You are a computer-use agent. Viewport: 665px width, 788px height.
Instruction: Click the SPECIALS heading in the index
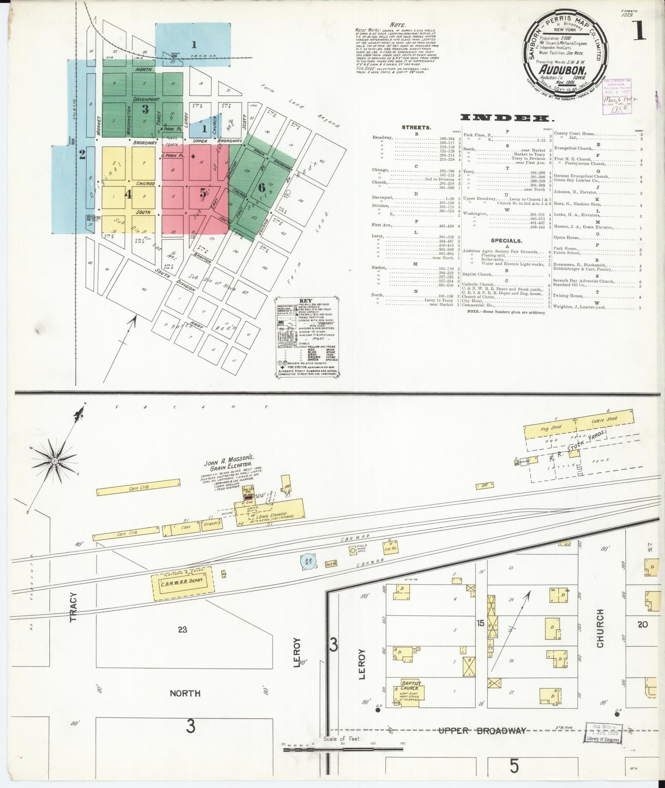pyautogui.click(x=506, y=241)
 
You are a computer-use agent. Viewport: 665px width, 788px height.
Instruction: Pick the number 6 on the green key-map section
pyautogui.click(x=261, y=187)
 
